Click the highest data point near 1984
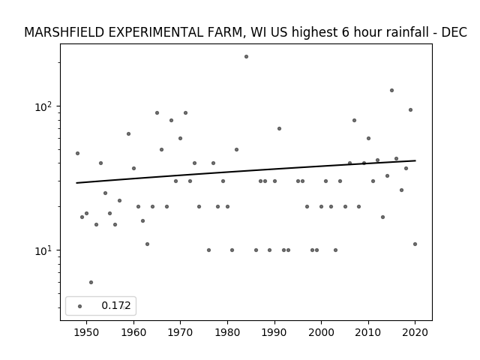click(246, 57)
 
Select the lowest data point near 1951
click(91, 282)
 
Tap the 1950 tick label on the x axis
click(86, 332)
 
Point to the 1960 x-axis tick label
click(133, 332)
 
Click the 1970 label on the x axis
click(180, 332)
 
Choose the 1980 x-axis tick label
click(227, 332)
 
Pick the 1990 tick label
click(274, 332)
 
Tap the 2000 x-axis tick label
click(321, 332)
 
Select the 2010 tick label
click(368, 332)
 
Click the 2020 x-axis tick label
click(415, 332)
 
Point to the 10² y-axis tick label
click(43, 106)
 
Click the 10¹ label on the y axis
click(43, 250)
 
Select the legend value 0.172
click(116, 305)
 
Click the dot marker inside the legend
click(80, 306)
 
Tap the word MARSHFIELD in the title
click(64, 32)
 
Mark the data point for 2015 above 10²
click(391, 90)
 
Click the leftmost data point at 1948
click(77, 153)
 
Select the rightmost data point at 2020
click(415, 244)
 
